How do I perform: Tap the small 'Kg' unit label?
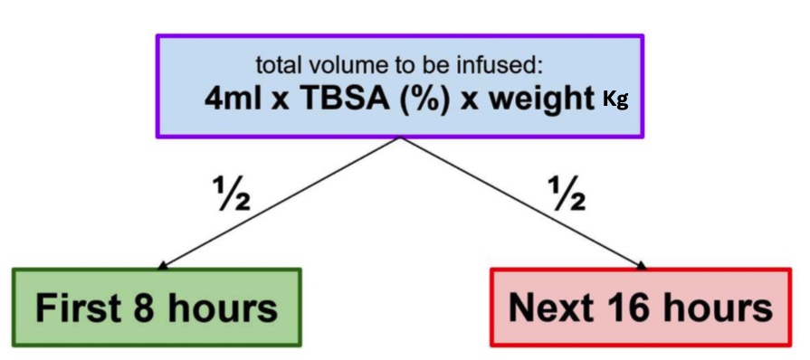pyautogui.click(x=615, y=100)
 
